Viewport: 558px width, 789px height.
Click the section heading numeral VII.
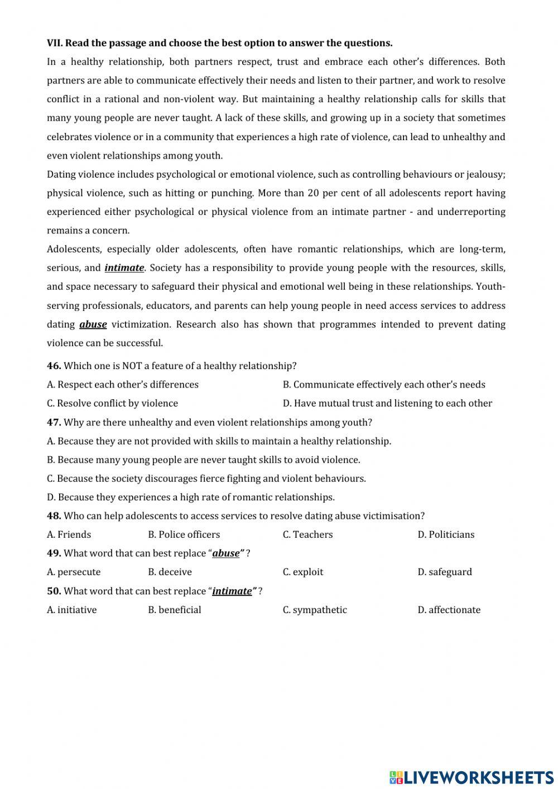(55, 43)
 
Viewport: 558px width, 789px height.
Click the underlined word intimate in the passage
(124, 268)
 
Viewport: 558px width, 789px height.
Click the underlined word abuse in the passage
(93, 324)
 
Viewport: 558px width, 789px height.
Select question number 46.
(54, 366)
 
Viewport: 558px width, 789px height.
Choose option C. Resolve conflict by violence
(112, 403)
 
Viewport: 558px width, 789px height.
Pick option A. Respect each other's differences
(123, 385)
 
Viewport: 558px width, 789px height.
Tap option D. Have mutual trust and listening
(387, 403)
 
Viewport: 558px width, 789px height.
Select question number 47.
(54, 422)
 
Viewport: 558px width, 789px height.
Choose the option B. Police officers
(184, 534)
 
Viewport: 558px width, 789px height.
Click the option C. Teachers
(307, 534)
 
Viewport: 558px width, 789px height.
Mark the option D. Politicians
(446, 534)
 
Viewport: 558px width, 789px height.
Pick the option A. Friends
(69, 534)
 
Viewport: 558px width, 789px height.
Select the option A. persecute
(74, 572)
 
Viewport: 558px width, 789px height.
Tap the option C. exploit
(303, 572)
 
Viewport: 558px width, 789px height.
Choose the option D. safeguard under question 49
(445, 572)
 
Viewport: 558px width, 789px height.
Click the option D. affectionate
(449, 610)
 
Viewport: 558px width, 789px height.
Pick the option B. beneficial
(175, 610)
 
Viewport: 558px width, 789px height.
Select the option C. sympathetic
(315, 610)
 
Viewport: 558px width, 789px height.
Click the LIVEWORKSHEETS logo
(471, 777)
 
